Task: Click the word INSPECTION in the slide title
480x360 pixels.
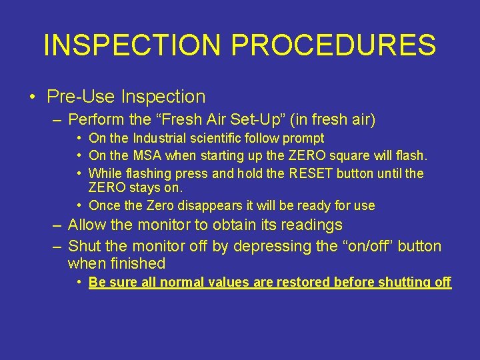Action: coord(131,45)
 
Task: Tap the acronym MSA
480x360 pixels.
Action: coord(151,156)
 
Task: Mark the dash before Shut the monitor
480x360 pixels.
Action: coord(58,246)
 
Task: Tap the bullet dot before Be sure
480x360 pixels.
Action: coord(79,282)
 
